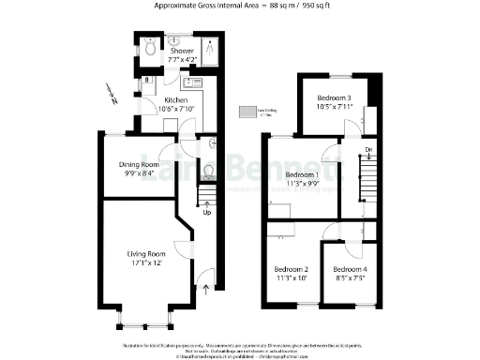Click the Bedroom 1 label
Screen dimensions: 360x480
(302, 175)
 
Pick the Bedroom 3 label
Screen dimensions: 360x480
(334, 98)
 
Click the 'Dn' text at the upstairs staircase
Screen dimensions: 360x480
(368, 150)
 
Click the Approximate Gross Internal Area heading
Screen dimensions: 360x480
(241, 6)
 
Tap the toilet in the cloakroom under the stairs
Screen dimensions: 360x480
(208, 170)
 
